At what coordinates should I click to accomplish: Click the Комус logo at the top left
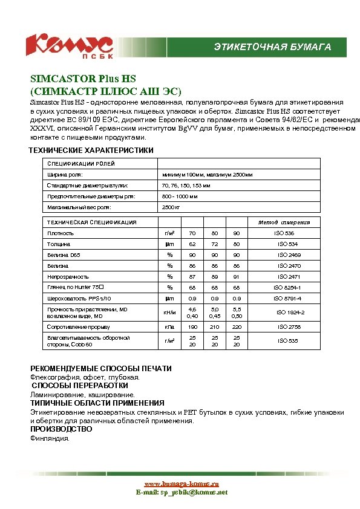tap(68, 45)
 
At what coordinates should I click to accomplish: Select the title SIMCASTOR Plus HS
tap(83, 79)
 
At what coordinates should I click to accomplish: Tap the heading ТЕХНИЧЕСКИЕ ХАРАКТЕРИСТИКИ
tap(91, 150)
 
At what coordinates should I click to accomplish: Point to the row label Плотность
tap(61, 233)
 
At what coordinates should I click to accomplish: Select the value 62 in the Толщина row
tap(192, 244)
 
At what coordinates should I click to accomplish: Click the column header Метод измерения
tap(284, 222)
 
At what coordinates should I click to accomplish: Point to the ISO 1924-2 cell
tap(290, 313)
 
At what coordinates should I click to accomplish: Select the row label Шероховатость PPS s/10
tap(79, 299)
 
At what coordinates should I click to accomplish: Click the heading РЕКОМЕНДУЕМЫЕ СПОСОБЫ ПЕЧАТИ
tap(101, 368)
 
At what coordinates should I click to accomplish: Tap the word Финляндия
tap(50, 438)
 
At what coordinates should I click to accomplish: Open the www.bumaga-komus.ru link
tap(181, 484)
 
